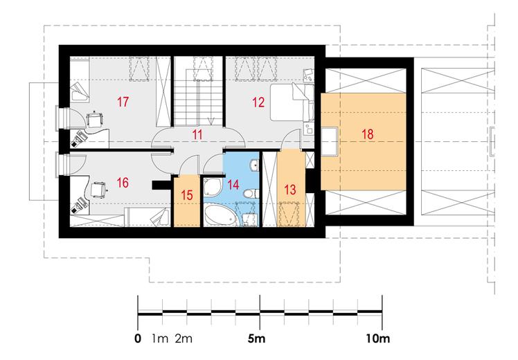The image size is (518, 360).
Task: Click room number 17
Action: (123, 102)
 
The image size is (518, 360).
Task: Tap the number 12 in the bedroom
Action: (258, 102)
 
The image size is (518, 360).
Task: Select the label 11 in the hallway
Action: (197, 135)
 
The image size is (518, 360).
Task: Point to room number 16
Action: (123, 182)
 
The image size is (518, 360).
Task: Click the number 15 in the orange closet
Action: (187, 195)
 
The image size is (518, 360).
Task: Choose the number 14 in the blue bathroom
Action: (233, 184)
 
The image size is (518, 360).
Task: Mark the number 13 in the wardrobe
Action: (290, 190)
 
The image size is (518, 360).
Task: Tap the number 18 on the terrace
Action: (367, 134)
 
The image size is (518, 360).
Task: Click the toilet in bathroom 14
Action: (250, 193)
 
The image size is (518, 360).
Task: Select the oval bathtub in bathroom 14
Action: (220, 215)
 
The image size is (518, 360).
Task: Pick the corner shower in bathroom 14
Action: (212, 187)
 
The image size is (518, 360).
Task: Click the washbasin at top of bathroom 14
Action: (254, 165)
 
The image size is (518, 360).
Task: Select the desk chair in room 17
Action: (94, 119)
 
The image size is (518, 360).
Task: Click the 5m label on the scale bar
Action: (256, 339)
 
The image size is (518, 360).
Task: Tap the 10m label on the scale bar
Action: (378, 339)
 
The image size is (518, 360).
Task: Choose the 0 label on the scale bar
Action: (138, 339)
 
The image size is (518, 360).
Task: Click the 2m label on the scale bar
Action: (184, 339)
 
